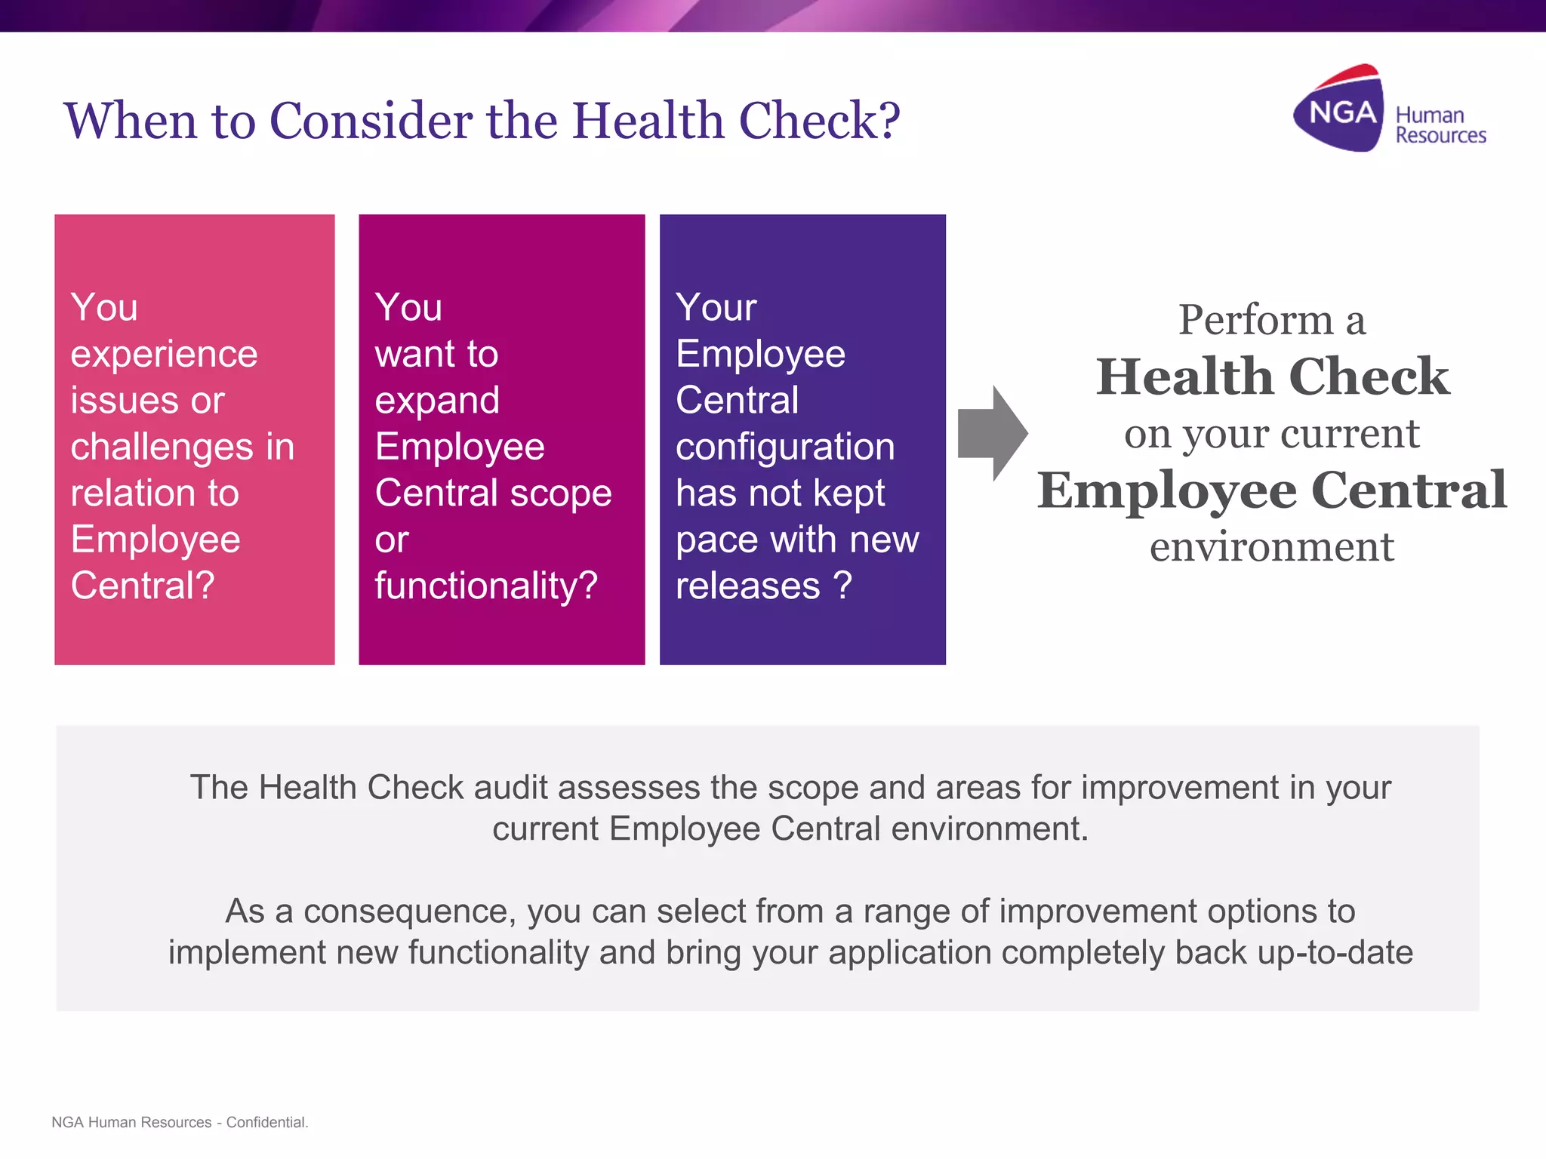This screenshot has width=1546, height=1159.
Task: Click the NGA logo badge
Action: point(1341,112)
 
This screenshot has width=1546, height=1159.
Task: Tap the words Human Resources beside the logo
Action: point(1440,125)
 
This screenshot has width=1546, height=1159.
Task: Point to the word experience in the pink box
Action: point(164,355)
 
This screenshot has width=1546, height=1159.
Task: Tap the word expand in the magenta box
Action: point(437,401)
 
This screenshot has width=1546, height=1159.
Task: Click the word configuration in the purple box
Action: point(785,447)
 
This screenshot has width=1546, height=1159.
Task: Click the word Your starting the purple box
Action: point(716,308)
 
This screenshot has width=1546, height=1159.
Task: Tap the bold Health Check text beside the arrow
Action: point(1272,377)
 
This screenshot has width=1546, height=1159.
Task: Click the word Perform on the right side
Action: point(1255,320)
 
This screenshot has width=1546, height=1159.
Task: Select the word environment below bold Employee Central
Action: point(1271,546)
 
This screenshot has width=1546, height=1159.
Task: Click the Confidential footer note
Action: point(266,1122)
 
